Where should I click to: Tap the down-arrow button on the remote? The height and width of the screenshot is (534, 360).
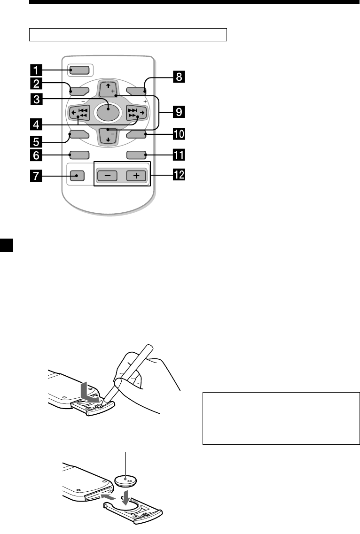pos(108,136)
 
